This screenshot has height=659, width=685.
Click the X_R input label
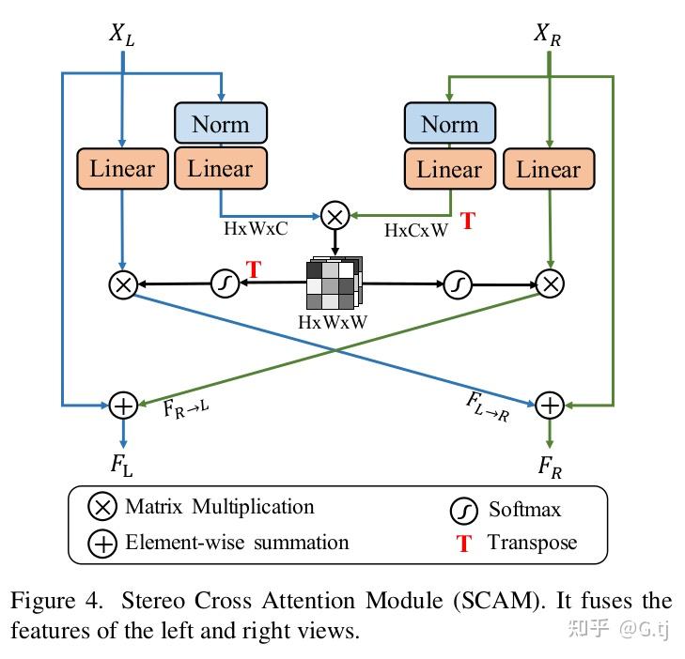549,36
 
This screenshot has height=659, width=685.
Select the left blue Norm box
221,124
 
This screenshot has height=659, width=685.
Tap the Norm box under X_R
449,124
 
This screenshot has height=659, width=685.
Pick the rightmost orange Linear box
549,169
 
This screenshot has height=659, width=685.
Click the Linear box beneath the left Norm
221,169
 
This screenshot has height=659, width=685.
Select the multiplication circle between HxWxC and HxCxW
335,217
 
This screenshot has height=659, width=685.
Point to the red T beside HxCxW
467,222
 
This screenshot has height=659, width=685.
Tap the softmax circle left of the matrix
224,283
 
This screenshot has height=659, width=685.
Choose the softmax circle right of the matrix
457,283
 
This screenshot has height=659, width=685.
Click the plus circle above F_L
123,405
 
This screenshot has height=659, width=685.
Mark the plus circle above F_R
549,405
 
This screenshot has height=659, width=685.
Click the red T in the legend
463,544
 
